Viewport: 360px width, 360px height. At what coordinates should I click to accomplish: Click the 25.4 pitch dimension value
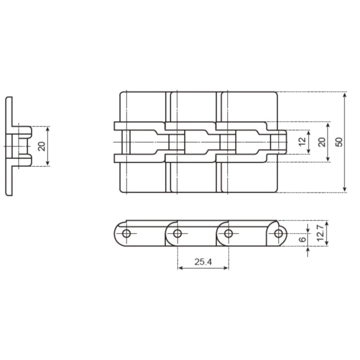pyautogui.click(x=203, y=261)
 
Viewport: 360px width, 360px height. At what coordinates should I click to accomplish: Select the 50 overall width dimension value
pyautogui.click(x=339, y=142)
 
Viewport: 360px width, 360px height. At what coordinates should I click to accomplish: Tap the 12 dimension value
pyautogui.click(x=302, y=142)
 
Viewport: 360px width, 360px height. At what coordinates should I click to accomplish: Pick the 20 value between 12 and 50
pyautogui.click(x=321, y=142)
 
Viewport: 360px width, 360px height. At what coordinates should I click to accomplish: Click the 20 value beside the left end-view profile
pyautogui.click(x=41, y=146)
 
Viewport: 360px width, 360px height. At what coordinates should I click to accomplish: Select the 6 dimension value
pyautogui.click(x=302, y=239)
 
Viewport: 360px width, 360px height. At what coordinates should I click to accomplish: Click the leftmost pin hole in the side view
pyautogui.click(x=127, y=233)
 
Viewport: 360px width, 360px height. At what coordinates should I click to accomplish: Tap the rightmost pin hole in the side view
pyautogui.click(x=278, y=233)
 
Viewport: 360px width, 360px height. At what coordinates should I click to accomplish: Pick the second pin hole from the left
pyautogui.click(x=178, y=233)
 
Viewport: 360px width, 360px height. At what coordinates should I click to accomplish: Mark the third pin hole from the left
pyautogui.click(x=228, y=233)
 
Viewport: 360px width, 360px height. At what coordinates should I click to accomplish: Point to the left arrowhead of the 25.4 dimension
pyautogui.click(x=180, y=268)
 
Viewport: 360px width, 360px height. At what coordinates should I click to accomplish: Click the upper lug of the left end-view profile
pyautogui.click(x=24, y=130)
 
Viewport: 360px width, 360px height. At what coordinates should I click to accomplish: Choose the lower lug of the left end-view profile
pyautogui.click(x=24, y=159)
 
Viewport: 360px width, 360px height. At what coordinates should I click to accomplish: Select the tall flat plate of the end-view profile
pyautogui.click(x=9, y=146)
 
